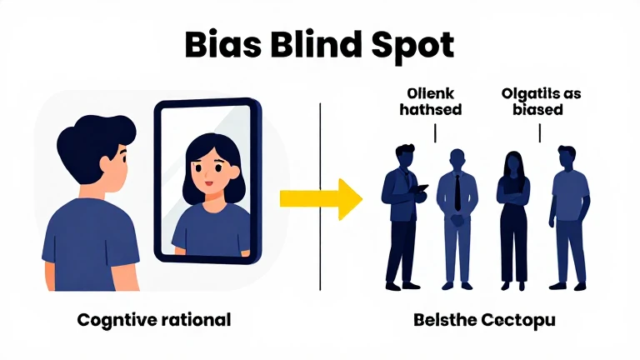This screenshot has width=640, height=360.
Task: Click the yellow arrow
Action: [320, 197]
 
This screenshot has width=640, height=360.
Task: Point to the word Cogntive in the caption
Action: [112, 319]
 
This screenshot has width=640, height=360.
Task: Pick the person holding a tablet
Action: [403, 212]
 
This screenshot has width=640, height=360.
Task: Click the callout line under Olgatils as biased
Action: [539, 132]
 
